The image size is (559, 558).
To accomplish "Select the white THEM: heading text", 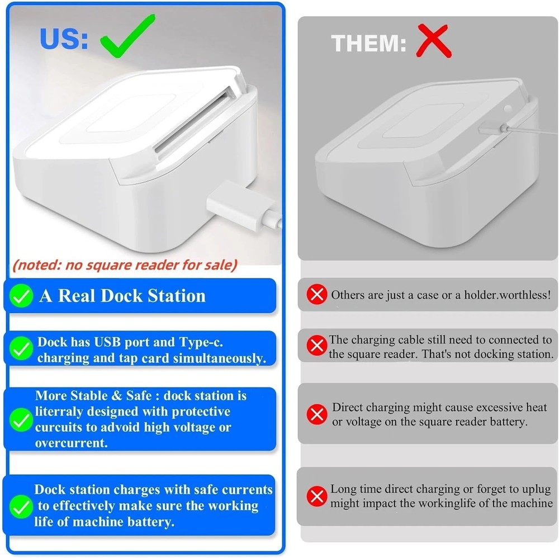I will point(369,43).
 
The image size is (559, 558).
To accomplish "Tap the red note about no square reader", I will point(125,264).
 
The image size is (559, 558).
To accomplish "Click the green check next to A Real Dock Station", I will point(22,296).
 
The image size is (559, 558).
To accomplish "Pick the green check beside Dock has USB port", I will point(22,350).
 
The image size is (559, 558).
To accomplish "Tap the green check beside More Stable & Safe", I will point(22,419).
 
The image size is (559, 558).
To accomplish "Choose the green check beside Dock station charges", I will point(22,507).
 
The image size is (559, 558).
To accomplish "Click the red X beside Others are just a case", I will point(318,294).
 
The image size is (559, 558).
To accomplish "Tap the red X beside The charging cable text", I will point(318,346).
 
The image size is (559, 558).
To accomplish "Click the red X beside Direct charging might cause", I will point(318,414).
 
